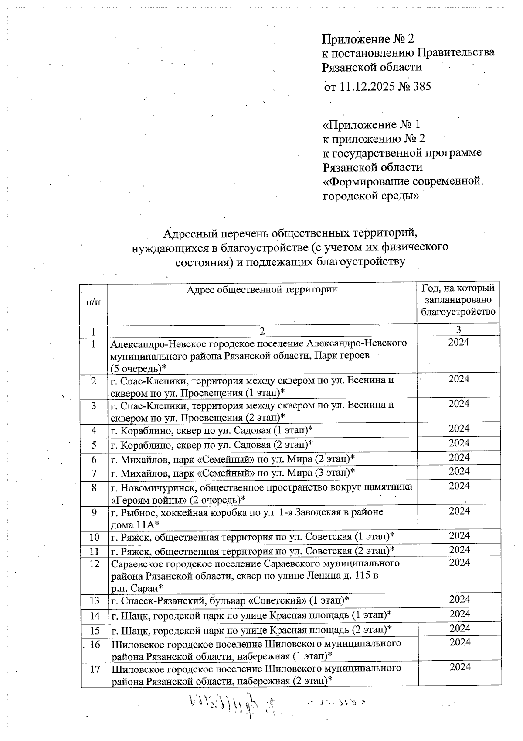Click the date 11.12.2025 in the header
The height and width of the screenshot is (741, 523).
[x=367, y=86]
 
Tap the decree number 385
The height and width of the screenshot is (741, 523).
[x=421, y=86]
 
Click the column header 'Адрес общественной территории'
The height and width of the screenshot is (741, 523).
[x=262, y=289]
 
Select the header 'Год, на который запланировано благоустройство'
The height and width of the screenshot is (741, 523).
[x=458, y=300]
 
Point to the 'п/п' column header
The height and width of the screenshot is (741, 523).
[x=94, y=302]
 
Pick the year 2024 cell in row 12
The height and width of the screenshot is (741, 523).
[x=459, y=562]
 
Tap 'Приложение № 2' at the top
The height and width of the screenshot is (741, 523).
[x=367, y=39]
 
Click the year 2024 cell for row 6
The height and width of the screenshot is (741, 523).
[x=459, y=457]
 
